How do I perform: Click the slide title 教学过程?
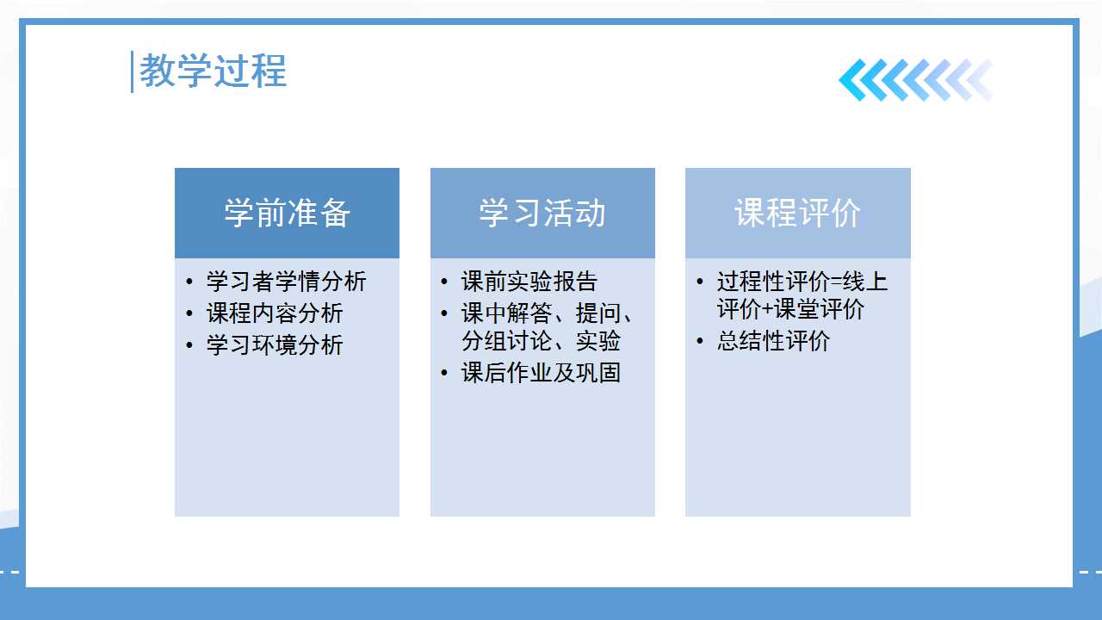pyautogui.click(x=213, y=71)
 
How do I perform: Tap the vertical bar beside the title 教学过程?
pyautogui.click(x=132, y=71)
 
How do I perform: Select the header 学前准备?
pyautogui.click(x=288, y=213)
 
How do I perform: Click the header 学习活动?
pyautogui.click(x=542, y=213)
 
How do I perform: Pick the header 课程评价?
pyautogui.click(x=797, y=213)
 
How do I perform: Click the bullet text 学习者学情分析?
pyautogui.click(x=286, y=282)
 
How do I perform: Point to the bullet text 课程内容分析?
pyautogui.click(x=275, y=313)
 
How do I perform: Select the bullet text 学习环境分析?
pyautogui.click(x=275, y=345)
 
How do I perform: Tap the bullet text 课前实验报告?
pyautogui.click(x=529, y=282)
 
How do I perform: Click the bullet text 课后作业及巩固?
pyautogui.click(x=541, y=373)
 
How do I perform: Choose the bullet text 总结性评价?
pyautogui.click(x=773, y=340)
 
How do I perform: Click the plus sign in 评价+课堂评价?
pyautogui.click(x=767, y=310)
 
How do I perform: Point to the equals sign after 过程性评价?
pyautogui.click(x=836, y=282)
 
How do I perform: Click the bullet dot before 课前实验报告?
pyautogui.click(x=444, y=282)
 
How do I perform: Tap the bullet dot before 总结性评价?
pyautogui.click(x=700, y=341)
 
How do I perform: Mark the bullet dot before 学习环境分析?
pyautogui.click(x=189, y=345)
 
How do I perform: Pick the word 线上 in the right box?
pyautogui.click(x=865, y=282)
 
